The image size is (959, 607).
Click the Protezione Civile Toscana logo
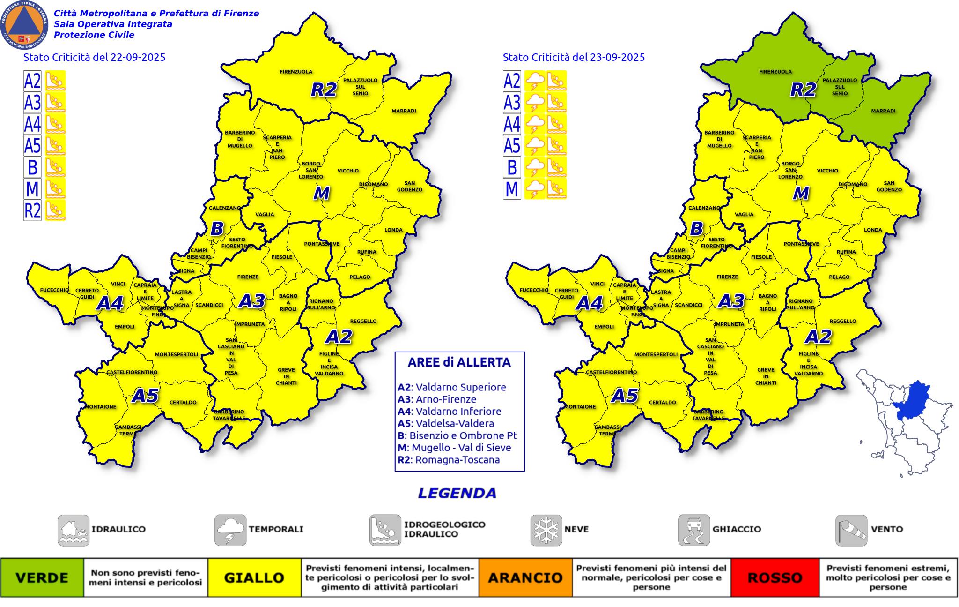pos(25,25)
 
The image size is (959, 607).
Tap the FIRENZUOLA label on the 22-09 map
pos(296,72)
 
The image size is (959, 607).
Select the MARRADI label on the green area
pos(883,111)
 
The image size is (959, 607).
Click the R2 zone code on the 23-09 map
pos(803,90)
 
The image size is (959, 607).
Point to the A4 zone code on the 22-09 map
pos(110,304)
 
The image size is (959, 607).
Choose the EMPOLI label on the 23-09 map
pos(604,327)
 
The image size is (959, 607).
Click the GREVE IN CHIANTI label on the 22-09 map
pos(286,376)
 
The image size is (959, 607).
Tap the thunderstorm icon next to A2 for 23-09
pos(535,81)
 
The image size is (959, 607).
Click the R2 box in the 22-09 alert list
pos(33,210)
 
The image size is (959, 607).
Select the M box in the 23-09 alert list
pos(512,189)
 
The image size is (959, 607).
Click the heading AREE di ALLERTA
pos(459,362)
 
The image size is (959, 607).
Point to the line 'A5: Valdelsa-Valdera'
pos(446,423)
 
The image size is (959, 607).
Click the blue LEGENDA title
pos(457,493)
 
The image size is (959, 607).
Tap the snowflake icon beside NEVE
pos(546,530)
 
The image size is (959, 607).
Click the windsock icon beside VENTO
pos(851,530)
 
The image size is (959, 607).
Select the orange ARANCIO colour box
pos(525,577)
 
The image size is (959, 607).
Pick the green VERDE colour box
pos(42,577)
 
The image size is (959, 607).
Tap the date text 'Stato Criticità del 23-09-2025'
pos(574,57)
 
